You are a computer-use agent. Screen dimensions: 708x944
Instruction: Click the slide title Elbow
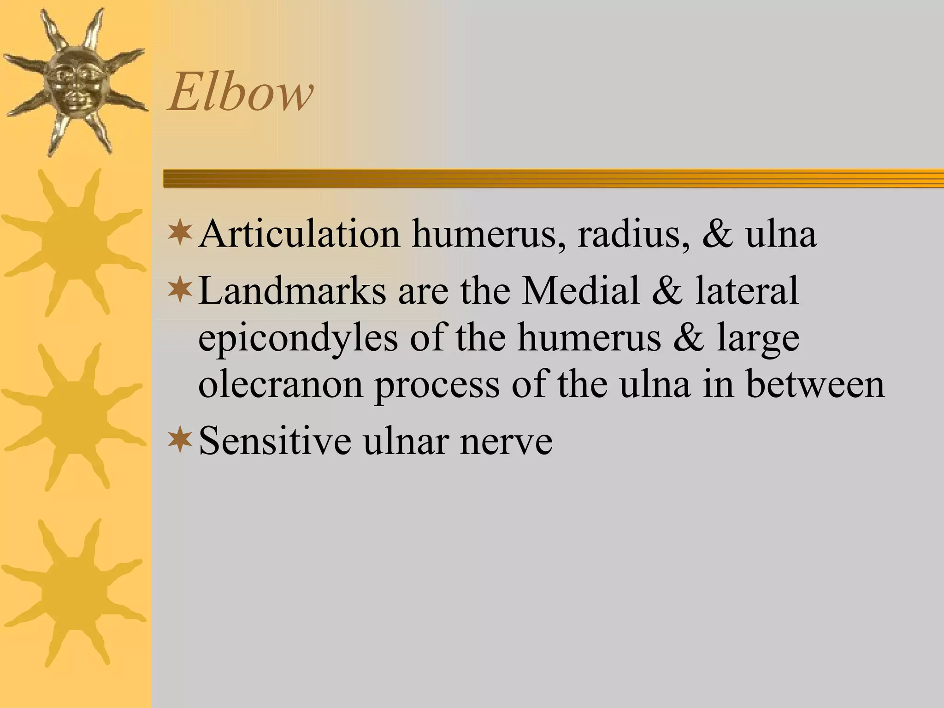tap(240, 94)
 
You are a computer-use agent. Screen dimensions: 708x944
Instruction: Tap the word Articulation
tap(299, 234)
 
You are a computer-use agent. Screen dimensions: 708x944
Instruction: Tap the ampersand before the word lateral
tap(667, 291)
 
